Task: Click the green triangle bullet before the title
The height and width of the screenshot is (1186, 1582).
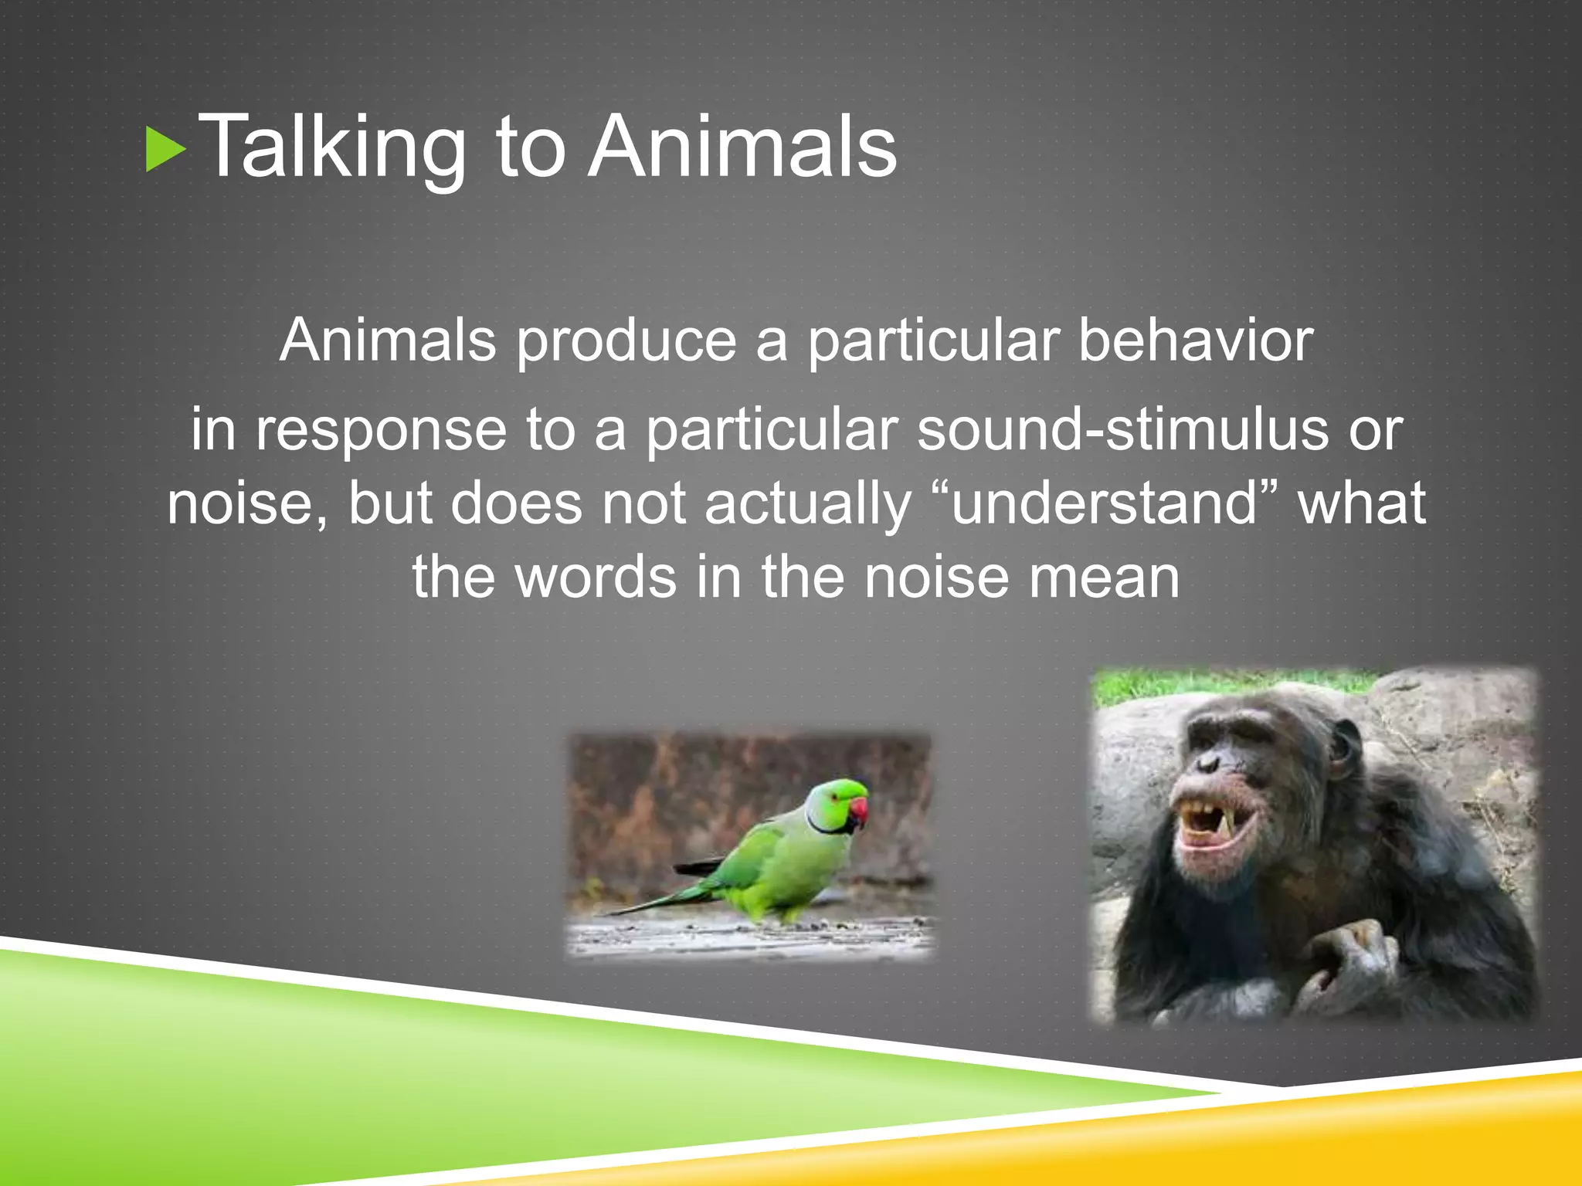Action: pos(165,149)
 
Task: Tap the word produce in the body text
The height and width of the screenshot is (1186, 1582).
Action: pos(626,341)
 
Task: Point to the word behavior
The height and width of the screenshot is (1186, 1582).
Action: pos(1195,341)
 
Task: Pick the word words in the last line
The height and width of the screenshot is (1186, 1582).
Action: pos(596,578)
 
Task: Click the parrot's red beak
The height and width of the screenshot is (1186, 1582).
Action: pos(859,812)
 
